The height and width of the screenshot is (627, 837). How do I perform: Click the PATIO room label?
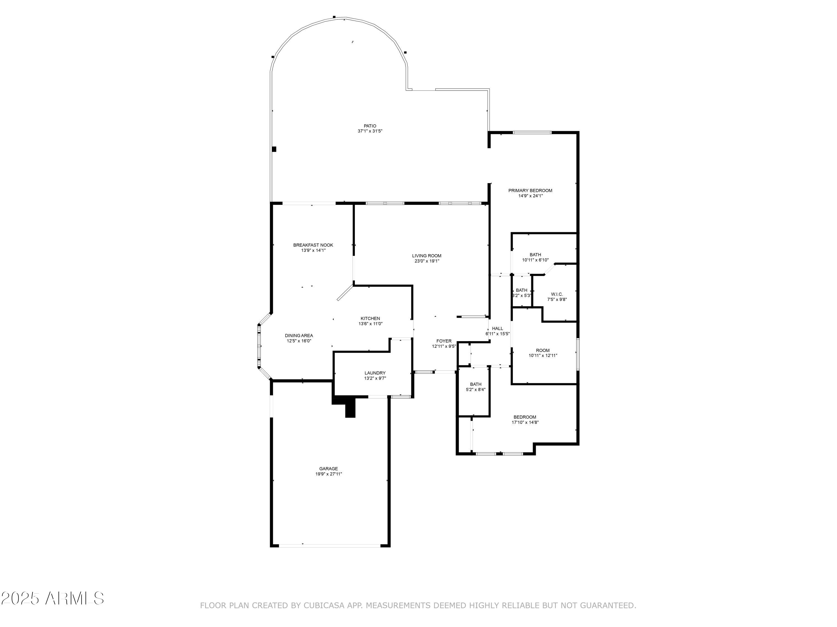(370, 126)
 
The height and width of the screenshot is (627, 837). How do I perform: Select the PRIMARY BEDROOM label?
(530, 191)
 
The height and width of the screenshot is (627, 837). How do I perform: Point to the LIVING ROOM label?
(426, 256)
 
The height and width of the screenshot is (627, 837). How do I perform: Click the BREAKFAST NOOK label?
(313, 245)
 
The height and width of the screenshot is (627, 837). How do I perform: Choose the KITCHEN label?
(370, 319)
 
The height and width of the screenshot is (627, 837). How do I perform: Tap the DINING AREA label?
(299, 336)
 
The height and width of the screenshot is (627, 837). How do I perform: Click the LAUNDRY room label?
(375, 373)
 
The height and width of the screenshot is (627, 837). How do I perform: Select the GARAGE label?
(328, 469)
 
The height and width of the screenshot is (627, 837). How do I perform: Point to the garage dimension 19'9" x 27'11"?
(328, 474)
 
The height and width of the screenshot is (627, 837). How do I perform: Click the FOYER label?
(444, 341)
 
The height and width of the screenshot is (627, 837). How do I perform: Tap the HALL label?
(497, 329)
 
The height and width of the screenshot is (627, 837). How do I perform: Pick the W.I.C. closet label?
(557, 294)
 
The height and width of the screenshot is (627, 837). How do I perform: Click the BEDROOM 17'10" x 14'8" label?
(525, 417)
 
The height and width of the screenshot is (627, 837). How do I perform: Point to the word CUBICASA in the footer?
(324, 606)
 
